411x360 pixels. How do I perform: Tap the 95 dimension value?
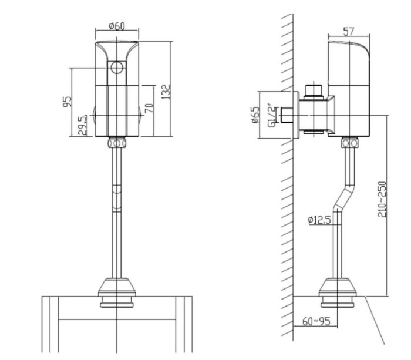68,102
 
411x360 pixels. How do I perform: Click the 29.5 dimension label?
84,125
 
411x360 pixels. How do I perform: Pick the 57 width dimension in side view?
349,32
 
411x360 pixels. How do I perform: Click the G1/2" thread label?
271,115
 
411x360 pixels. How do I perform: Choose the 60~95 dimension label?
317,322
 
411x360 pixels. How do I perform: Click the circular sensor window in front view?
117,68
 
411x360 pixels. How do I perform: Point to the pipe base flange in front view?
118,291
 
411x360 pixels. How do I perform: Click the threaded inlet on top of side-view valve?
315,90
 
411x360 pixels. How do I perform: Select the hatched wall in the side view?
286,176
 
